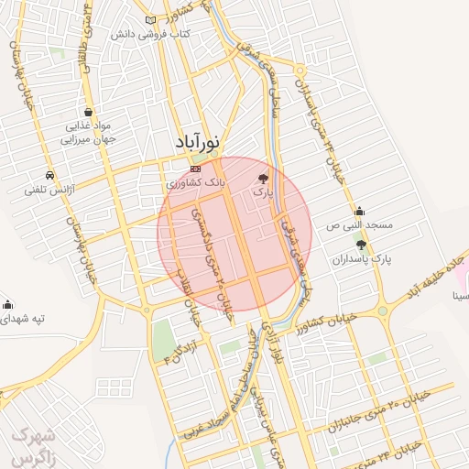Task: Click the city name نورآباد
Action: pos(199,144)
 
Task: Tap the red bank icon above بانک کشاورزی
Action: pos(195,169)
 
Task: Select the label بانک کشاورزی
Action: pos(195,183)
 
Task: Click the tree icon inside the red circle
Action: pos(264,179)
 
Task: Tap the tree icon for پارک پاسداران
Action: pos(363,245)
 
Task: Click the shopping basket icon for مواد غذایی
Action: pos(87,110)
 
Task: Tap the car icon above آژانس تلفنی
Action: pos(49,175)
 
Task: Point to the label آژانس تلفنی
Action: pos(49,190)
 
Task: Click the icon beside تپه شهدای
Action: pos(8,305)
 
